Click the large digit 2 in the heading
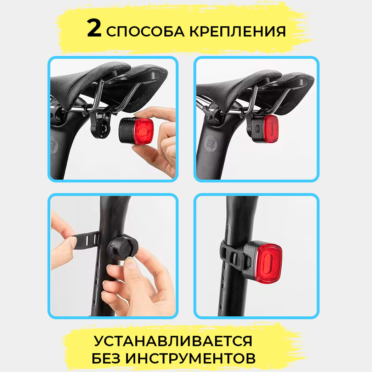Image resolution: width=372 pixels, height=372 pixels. point(94,28)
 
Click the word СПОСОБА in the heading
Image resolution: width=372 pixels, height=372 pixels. point(145,31)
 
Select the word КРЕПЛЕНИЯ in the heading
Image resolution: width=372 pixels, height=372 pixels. point(237,31)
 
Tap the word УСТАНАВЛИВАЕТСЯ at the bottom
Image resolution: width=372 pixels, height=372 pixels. point(173,341)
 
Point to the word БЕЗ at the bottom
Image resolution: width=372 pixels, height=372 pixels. point(106,358)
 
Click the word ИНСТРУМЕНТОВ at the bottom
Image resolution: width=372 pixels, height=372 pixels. point(190,358)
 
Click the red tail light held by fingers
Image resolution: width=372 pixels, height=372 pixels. point(136,131)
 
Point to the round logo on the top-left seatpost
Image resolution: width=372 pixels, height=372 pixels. point(54,145)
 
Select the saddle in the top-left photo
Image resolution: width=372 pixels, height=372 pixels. point(109,83)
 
